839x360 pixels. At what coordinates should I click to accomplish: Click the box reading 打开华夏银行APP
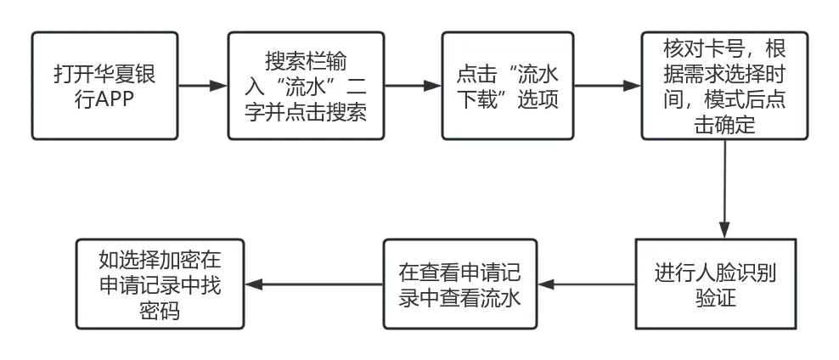[x=104, y=86]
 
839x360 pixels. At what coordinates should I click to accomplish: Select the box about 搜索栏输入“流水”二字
[x=305, y=86]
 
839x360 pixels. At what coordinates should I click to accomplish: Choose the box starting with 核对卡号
[x=723, y=86]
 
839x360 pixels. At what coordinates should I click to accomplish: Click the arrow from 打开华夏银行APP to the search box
[x=201, y=86]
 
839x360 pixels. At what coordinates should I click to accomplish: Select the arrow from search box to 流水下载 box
[x=412, y=86]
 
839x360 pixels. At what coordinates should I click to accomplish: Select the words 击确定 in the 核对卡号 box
[x=723, y=126]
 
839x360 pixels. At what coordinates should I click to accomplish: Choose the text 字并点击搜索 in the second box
[x=305, y=111]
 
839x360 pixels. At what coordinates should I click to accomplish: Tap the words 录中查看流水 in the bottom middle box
[x=459, y=298]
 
